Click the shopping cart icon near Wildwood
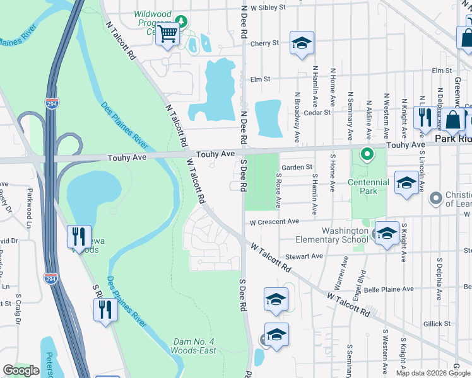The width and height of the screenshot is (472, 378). tap(167, 34)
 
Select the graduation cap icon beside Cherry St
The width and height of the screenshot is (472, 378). tap(302, 44)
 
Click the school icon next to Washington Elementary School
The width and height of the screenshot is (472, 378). tap(386, 233)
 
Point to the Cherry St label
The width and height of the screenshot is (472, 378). tap(264, 43)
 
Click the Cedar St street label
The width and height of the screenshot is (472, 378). tap(317, 113)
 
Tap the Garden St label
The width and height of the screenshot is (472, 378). tap(297, 167)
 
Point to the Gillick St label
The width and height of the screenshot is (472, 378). tap(437, 323)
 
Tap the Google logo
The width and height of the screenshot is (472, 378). tap(21, 370)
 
